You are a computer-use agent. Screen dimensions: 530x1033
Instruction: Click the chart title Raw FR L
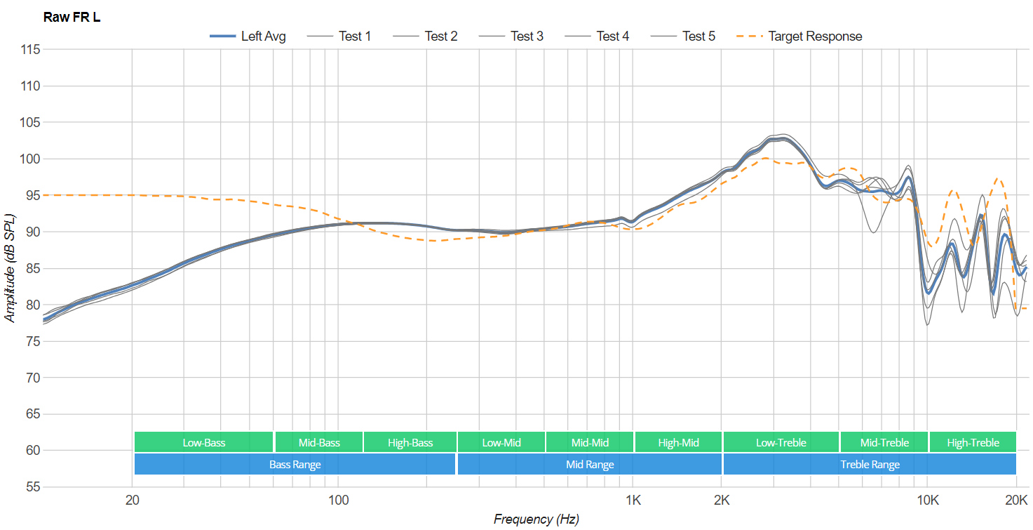pyautogui.click(x=72, y=17)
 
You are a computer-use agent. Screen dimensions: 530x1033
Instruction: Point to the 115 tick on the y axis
pyautogui.click(x=30, y=50)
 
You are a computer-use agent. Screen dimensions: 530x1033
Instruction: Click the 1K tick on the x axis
pyautogui.click(x=633, y=500)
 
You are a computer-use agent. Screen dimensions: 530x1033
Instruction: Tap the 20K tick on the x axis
pyautogui.click(x=1016, y=500)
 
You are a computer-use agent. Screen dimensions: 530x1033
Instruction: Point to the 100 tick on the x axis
pyautogui.click(x=338, y=500)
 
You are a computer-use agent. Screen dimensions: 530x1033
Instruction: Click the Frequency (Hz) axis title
pyautogui.click(x=536, y=519)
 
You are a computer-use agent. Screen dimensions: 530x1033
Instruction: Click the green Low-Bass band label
pyautogui.click(x=203, y=442)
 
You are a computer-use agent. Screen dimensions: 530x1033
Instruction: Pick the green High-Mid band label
pyautogui.click(x=678, y=442)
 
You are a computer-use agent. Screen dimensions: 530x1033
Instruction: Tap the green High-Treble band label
pyautogui.click(x=973, y=442)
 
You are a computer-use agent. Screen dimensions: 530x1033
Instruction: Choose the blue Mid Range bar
pyautogui.click(x=590, y=464)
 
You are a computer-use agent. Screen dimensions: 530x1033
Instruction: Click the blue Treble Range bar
pyautogui.click(x=870, y=464)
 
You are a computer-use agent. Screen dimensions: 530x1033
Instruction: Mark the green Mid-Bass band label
pyautogui.click(x=319, y=442)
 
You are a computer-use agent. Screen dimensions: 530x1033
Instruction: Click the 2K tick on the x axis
pyautogui.click(x=722, y=500)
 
